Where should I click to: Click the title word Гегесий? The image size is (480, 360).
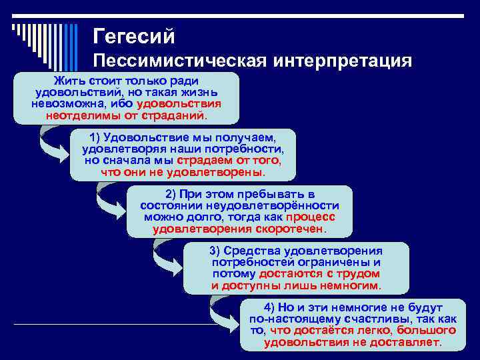pos(134,35)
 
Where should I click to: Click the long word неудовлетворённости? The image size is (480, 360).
pos(279,206)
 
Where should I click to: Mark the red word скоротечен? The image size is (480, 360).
pos(290,229)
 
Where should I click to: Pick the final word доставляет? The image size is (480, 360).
pos(405,342)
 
